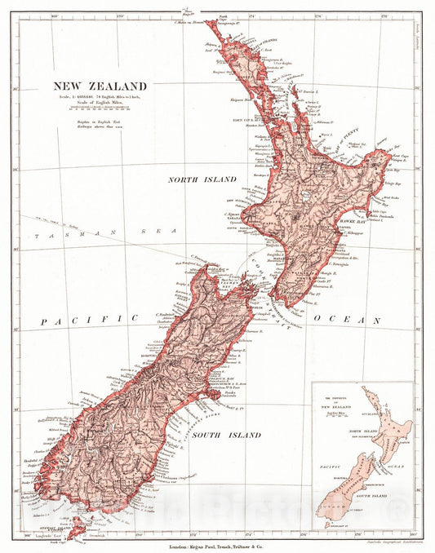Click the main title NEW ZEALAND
pyautogui.click(x=100, y=86)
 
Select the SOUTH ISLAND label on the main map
pyautogui.click(x=227, y=436)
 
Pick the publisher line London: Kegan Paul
pyautogui.click(x=217, y=544)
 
